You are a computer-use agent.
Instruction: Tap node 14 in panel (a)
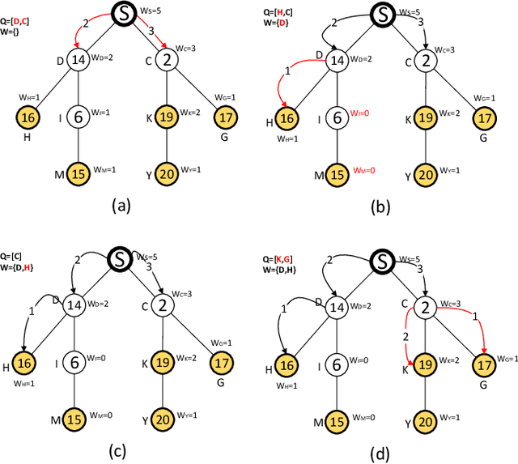coord(78,59)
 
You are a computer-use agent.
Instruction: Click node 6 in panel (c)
coord(75,362)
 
